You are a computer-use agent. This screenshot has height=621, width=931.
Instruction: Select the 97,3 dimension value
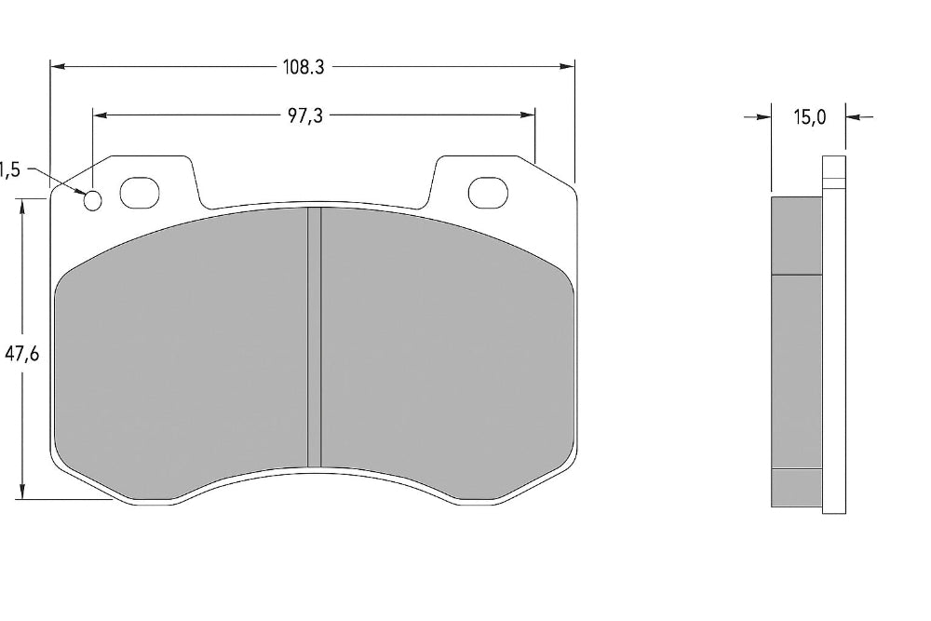coord(305,115)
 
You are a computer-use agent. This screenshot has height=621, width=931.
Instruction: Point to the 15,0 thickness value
coord(809,117)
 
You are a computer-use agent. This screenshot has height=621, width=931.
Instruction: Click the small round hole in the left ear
coord(93,200)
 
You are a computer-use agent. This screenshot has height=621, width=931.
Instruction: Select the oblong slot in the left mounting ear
coord(141,193)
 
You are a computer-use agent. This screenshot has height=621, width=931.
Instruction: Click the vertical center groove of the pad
coord(315,335)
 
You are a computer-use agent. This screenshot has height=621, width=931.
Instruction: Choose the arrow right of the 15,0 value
coord(859,117)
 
